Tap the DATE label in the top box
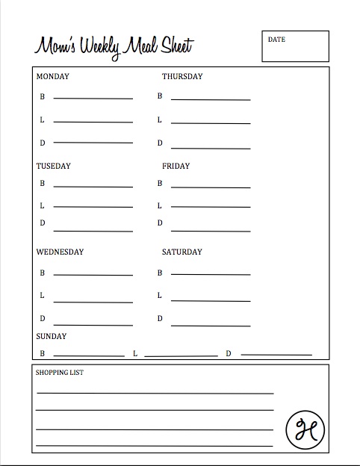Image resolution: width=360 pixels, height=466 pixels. click(x=276, y=40)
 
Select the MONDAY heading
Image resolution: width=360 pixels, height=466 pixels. click(x=52, y=76)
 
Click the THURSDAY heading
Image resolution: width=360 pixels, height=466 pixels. click(x=182, y=76)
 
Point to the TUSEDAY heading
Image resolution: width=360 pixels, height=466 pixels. click(x=53, y=166)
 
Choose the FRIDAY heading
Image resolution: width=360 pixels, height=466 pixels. click(x=176, y=166)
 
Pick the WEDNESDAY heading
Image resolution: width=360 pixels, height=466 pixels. click(x=60, y=252)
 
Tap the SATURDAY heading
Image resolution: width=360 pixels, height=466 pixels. click(x=181, y=252)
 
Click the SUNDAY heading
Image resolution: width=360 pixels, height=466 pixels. click(x=51, y=337)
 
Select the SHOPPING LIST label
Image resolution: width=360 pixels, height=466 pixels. click(x=59, y=371)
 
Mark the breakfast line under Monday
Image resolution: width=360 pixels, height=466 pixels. click(x=93, y=98)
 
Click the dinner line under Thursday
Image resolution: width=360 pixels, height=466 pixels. click(x=211, y=145)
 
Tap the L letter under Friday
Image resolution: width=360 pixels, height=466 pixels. click(x=160, y=205)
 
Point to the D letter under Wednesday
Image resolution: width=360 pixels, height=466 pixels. click(x=43, y=319)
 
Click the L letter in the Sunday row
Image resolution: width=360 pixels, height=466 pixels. click(x=135, y=353)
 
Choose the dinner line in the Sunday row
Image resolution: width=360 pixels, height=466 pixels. click(x=276, y=354)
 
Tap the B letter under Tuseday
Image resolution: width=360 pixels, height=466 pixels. click(x=43, y=183)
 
